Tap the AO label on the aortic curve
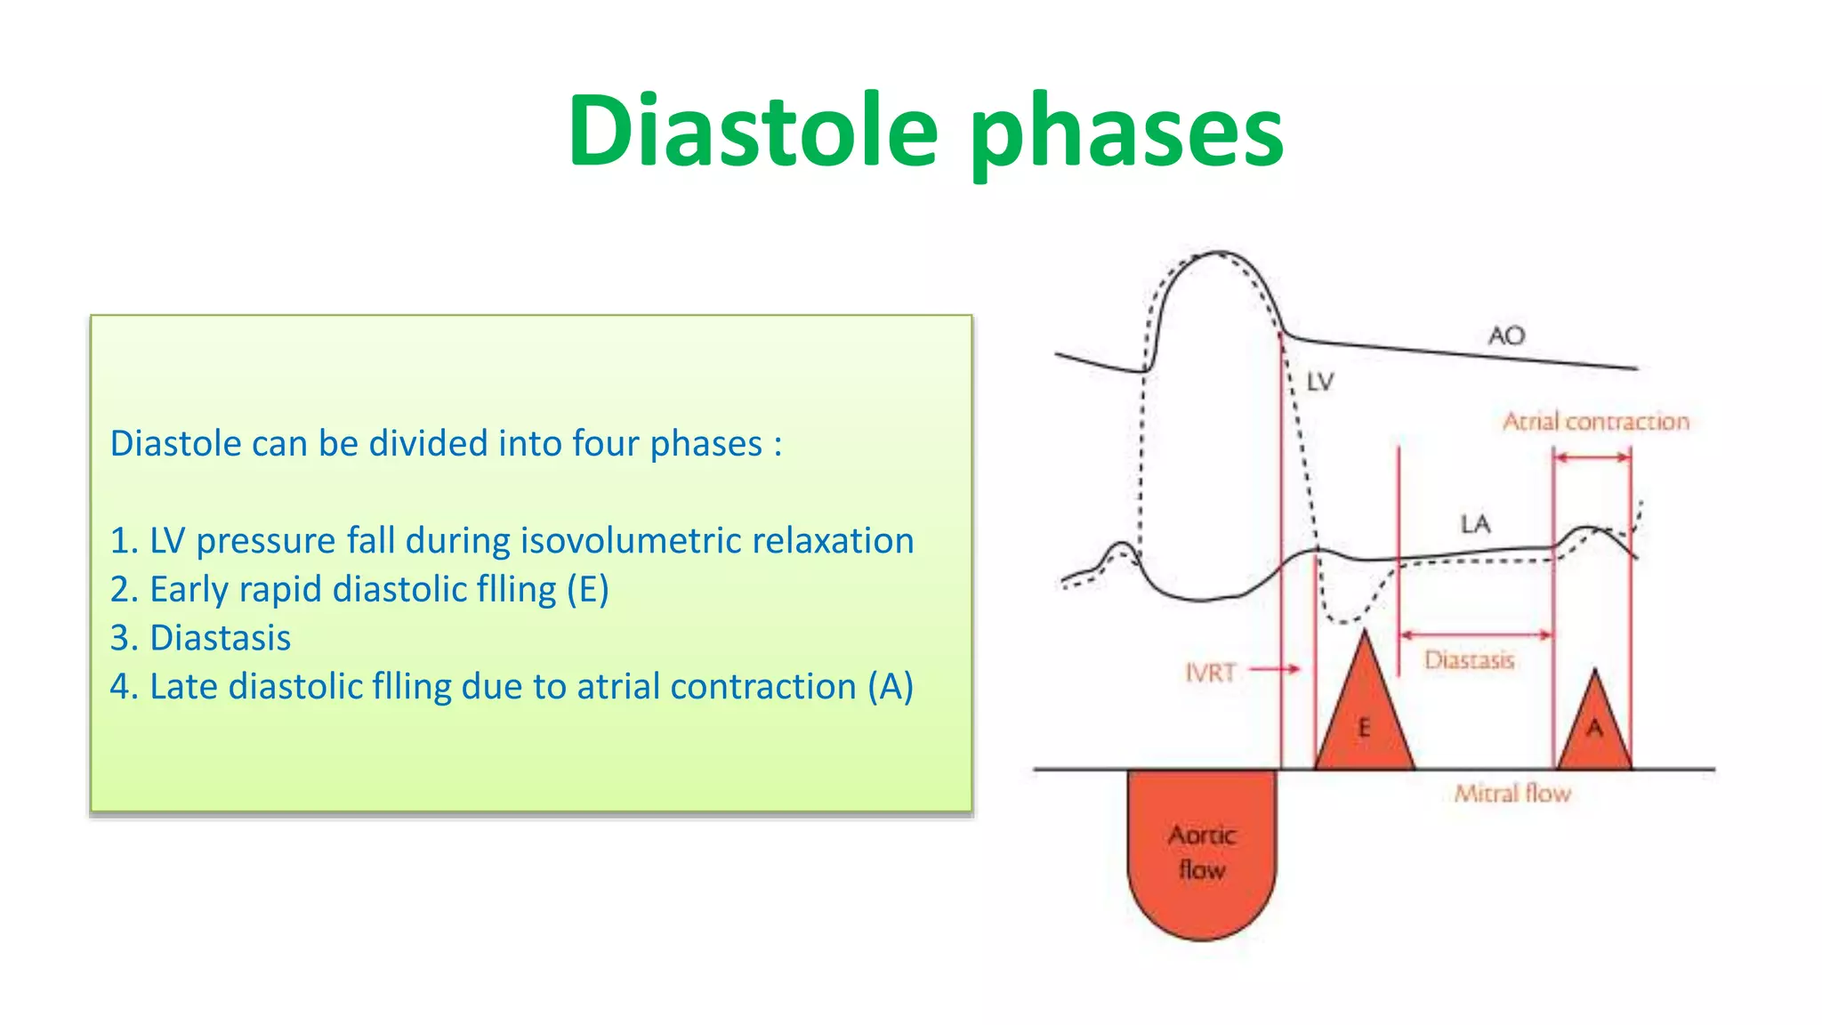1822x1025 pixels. point(1506,336)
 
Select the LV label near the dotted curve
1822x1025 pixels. point(1319,383)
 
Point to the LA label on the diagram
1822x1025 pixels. point(1475,524)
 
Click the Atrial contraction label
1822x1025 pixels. point(1595,422)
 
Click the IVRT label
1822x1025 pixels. point(1211,673)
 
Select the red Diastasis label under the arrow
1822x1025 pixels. point(1469,660)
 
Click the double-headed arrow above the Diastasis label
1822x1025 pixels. point(1476,635)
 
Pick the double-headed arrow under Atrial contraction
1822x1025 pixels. point(1592,457)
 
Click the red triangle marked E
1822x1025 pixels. point(1365,721)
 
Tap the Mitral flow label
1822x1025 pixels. point(1512,793)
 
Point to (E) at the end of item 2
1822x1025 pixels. point(588,590)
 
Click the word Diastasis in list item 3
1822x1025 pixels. point(220,638)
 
